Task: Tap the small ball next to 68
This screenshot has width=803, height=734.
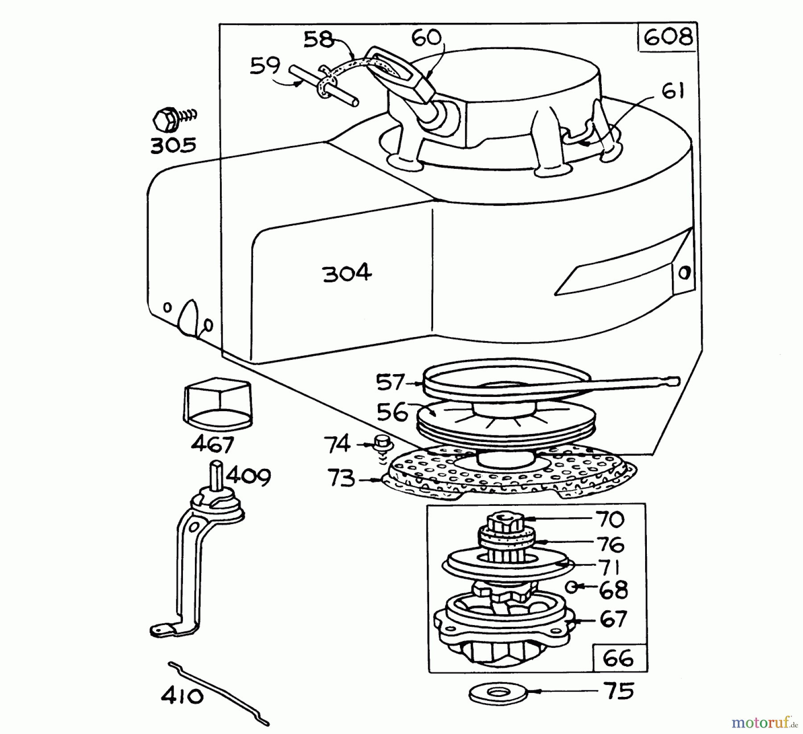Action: coord(571,587)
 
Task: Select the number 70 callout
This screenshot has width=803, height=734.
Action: coord(610,519)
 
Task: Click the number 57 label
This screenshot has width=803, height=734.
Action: coord(390,383)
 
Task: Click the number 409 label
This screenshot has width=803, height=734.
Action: coord(248,476)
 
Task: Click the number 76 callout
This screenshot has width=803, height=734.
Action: coord(610,544)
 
